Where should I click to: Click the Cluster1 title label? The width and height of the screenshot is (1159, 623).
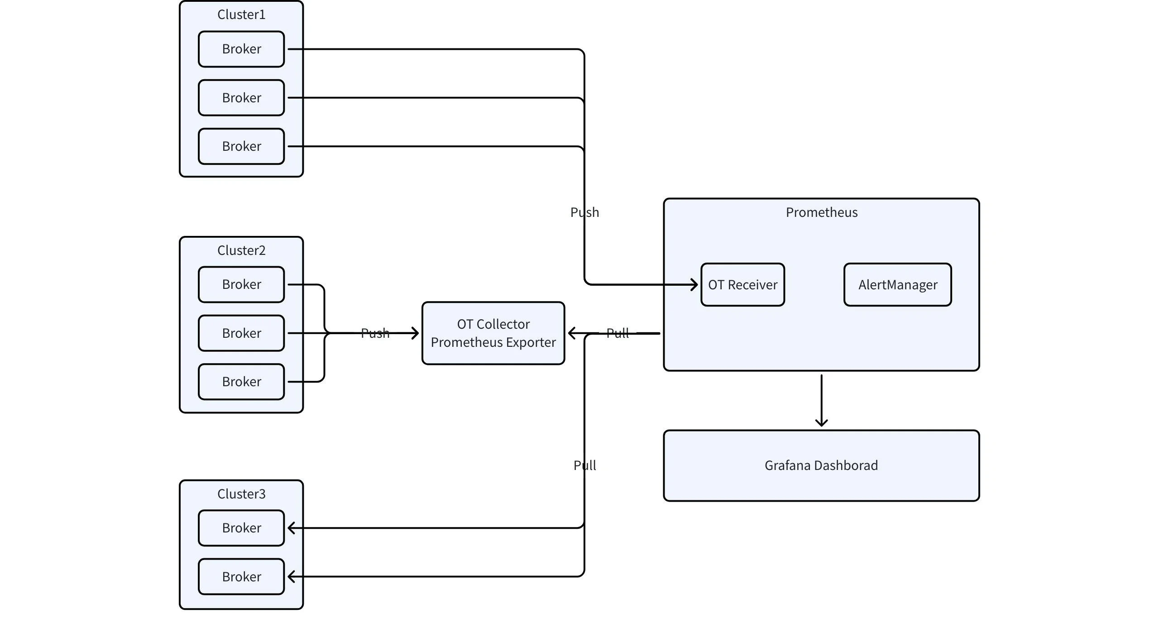pos(241,14)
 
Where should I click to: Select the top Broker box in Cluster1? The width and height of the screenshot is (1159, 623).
pos(241,49)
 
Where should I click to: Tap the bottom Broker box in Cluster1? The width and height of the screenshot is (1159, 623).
pos(241,146)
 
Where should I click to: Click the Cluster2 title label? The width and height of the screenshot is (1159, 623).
pos(241,250)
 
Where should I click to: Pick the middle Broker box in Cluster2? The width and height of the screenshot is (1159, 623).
pos(241,333)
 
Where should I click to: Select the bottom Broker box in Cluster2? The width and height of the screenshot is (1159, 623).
pos(241,382)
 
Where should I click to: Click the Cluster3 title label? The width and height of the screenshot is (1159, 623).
pos(241,494)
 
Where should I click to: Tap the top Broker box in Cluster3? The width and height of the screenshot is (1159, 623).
pos(241,528)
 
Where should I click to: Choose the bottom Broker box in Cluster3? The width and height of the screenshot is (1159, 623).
pos(241,577)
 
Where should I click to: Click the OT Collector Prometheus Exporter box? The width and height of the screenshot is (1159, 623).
pos(493,333)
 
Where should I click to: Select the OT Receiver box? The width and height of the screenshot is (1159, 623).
pos(742,285)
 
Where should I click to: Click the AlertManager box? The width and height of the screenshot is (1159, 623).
pos(897,285)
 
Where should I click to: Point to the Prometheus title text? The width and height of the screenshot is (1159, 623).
pos(821,212)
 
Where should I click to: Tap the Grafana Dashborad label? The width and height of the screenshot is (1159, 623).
pos(821,465)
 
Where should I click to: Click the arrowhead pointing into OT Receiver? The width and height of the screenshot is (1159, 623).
pos(694,285)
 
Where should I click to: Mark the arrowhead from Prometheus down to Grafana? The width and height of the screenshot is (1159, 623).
pos(821,423)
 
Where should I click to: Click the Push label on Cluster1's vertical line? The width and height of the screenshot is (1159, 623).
pos(584,212)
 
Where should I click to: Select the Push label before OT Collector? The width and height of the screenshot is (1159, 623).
pos(375,333)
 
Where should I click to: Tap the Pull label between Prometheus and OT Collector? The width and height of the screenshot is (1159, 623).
pos(618,333)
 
